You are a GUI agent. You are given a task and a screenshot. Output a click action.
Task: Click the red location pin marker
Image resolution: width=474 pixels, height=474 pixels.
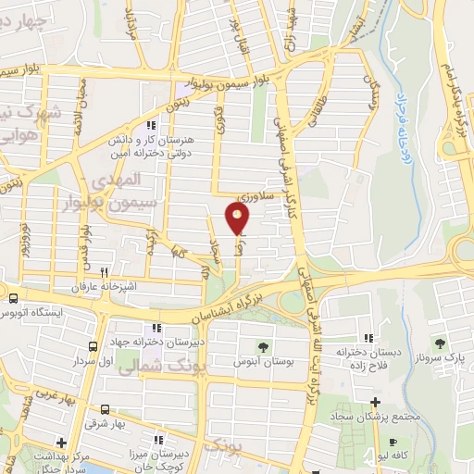238,218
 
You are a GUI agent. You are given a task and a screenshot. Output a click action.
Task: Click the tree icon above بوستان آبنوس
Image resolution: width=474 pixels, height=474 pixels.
264,347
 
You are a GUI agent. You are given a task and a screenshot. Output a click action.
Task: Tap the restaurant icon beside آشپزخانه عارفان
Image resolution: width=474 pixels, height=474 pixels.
104,273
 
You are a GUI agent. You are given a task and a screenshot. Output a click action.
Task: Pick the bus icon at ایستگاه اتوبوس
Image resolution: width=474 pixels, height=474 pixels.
13,298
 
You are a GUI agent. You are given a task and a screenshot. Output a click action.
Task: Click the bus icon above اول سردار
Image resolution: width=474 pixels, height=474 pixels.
92,346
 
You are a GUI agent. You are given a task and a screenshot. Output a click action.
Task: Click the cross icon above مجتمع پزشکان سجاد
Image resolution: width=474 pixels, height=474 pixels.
374,403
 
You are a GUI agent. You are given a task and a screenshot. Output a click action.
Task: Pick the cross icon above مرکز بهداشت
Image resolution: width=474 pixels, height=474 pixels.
60,443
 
